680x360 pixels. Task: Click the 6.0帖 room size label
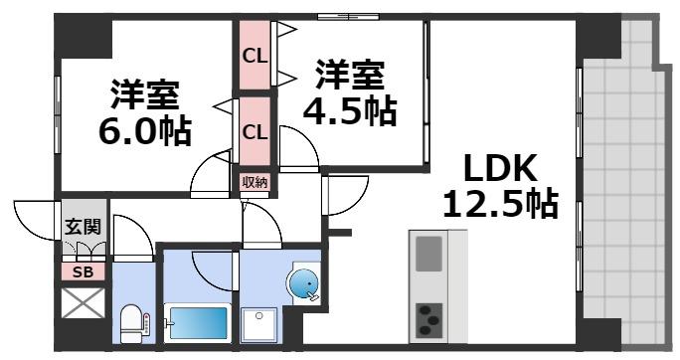[144, 130]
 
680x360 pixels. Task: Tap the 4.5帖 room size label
[351, 110]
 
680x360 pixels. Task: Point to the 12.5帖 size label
[499, 204]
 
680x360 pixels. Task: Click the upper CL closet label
[255, 55]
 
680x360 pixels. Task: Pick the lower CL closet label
[255, 130]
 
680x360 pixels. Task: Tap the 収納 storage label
[255, 181]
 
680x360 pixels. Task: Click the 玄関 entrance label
[84, 227]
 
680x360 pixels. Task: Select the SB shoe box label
[83, 270]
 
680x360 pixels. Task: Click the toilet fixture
[133, 322]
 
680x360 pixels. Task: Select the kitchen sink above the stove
[430, 253]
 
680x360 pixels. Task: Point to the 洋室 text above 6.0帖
[144, 94]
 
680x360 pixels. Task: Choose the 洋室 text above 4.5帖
[351, 75]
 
